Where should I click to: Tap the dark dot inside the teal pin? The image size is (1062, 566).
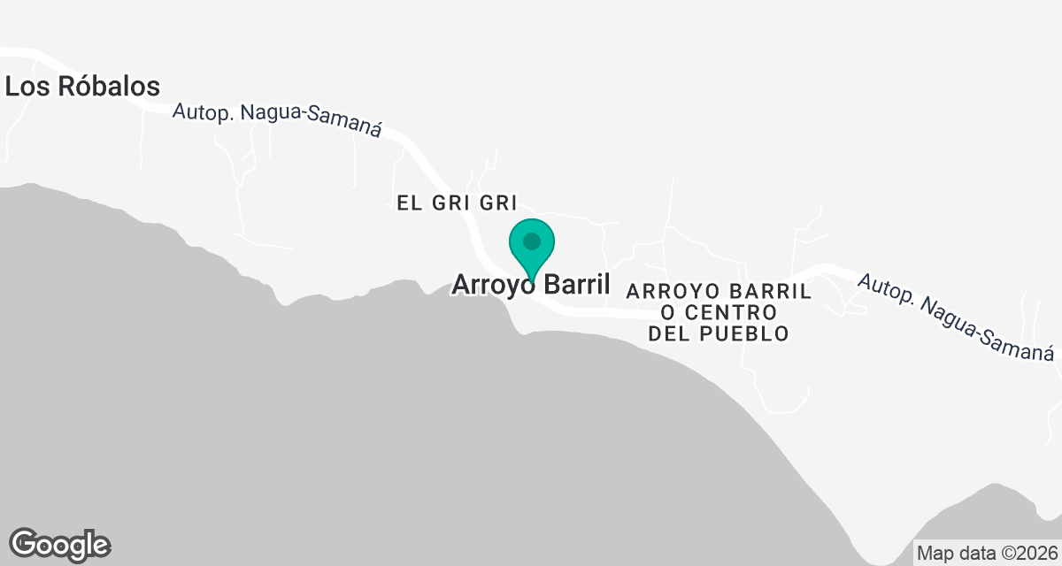coord(531,241)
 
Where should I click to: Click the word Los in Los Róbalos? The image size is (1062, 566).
coord(23,87)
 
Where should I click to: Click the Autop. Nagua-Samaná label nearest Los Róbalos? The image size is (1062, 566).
coord(276,121)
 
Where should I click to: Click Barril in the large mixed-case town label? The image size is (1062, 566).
coord(576,285)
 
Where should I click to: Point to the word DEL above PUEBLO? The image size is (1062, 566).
coord(670,334)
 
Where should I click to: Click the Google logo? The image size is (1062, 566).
coord(59,544)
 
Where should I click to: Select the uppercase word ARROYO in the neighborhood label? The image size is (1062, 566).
coord(671,291)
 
